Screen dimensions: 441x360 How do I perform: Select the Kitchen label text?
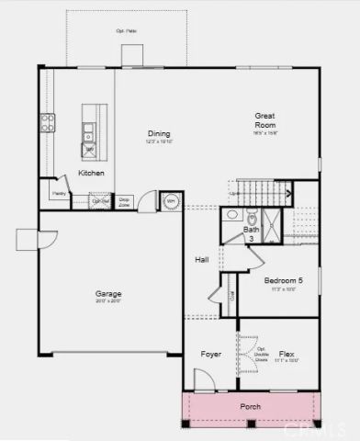pyautogui.click(x=91, y=174)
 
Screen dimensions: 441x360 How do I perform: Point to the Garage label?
pyautogui.click(x=108, y=294)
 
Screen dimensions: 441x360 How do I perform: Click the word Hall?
pyautogui.click(x=202, y=260)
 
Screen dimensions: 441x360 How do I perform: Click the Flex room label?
pyautogui.click(x=287, y=354)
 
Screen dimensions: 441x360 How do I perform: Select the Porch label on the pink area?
pyautogui.click(x=251, y=406)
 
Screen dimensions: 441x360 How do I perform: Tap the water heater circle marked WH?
pyautogui.click(x=171, y=201)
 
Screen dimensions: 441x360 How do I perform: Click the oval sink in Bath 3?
pyautogui.click(x=232, y=216)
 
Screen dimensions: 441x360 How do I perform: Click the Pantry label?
pyautogui.click(x=57, y=193)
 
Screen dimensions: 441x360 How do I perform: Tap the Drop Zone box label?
pyautogui.click(x=124, y=200)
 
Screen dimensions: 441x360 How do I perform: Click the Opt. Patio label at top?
pyautogui.click(x=126, y=30)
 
